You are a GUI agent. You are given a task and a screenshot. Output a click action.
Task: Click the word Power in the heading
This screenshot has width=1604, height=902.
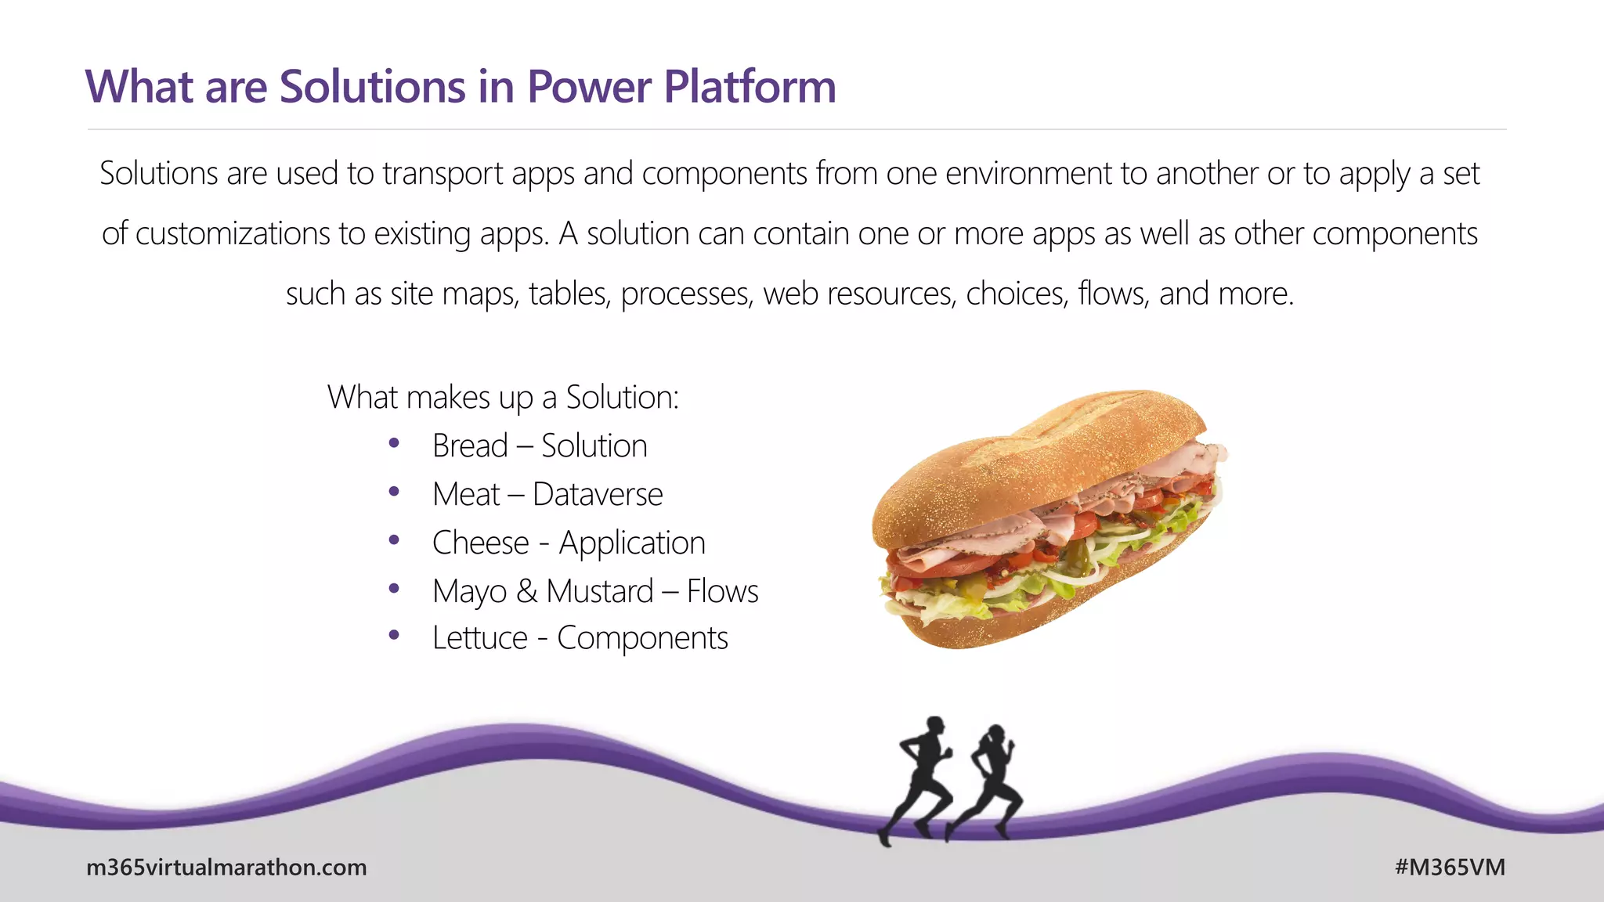(x=588, y=86)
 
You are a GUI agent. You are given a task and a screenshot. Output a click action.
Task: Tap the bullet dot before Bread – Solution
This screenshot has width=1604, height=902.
(x=394, y=444)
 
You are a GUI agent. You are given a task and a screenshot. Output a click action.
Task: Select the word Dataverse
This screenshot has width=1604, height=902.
(x=598, y=494)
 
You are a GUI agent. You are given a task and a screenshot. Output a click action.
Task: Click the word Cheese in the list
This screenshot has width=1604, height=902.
(x=480, y=543)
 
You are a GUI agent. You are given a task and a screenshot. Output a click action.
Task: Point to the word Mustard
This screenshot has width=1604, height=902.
(x=599, y=591)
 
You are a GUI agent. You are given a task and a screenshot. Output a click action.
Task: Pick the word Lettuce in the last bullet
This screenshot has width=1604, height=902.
(x=479, y=638)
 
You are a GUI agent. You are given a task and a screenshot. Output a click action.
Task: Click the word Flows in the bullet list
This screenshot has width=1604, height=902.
(x=722, y=591)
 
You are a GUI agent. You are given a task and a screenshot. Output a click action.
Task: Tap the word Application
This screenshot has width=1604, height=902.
(x=631, y=543)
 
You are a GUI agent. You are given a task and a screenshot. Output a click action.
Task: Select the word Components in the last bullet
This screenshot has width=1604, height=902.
(x=642, y=638)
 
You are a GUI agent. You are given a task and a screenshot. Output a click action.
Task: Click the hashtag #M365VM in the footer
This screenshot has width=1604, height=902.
(x=1450, y=867)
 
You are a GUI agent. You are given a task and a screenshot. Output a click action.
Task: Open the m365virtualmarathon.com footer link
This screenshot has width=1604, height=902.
(x=226, y=867)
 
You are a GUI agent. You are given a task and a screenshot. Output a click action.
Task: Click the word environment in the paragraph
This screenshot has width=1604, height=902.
(x=1028, y=173)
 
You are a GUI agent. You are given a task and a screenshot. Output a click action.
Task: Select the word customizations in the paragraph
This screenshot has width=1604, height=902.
(x=232, y=233)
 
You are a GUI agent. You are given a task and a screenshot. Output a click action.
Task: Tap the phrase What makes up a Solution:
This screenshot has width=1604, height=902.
(x=503, y=397)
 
